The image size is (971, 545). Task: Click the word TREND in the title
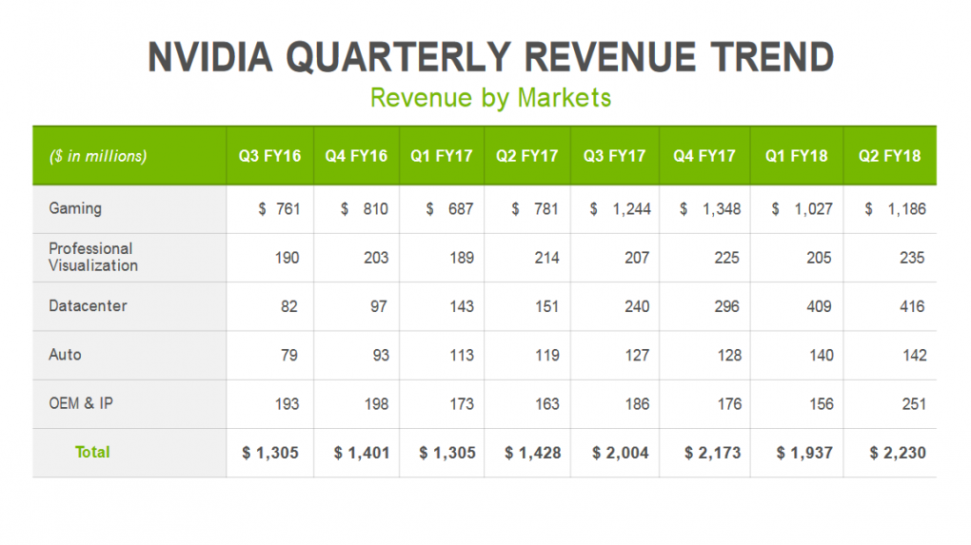(772, 57)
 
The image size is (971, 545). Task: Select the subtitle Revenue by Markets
(490, 98)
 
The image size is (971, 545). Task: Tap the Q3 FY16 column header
(270, 156)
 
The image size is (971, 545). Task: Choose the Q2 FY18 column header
(889, 156)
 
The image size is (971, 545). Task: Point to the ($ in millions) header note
(98, 156)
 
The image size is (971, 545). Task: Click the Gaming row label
(75, 208)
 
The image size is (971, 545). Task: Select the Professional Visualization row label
(93, 257)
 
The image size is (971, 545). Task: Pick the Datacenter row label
(88, 305)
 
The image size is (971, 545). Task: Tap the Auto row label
(65, 355)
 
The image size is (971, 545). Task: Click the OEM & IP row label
(81, 403)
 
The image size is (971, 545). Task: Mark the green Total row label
(92, 452)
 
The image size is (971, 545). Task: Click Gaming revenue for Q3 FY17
(620, 209)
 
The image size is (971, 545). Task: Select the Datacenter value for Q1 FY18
(819, 306)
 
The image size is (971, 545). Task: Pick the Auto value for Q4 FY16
(381, 355)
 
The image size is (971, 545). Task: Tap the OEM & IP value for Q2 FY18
(914, 404)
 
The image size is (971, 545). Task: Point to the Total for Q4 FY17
(713, 453)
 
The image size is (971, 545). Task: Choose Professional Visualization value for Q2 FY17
(546, 258)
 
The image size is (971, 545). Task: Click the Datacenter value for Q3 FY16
(289, 306)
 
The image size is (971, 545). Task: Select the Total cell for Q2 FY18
(898, 453)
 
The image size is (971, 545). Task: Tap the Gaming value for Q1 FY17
(449, 209)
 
